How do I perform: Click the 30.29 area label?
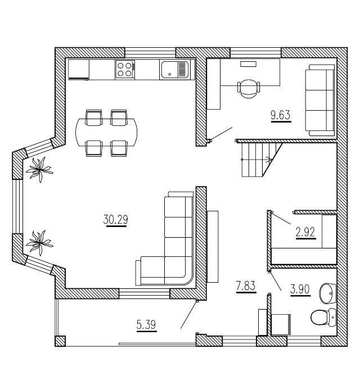(x=115, y=220)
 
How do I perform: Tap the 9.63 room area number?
(x=280, y=116)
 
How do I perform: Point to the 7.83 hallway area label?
(x=245, y=286)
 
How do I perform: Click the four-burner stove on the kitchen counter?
(x=125, y=70)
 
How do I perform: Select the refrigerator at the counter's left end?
(x=79, y=70)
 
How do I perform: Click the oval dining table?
(x=106, y=133)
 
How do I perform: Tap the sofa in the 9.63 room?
(x=319, y=100)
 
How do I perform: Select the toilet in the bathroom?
(x=320, y=318)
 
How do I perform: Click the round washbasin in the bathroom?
(x=327, y=292)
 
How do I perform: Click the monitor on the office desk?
(x=248, y=64)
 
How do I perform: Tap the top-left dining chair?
(x=93, y=117)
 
